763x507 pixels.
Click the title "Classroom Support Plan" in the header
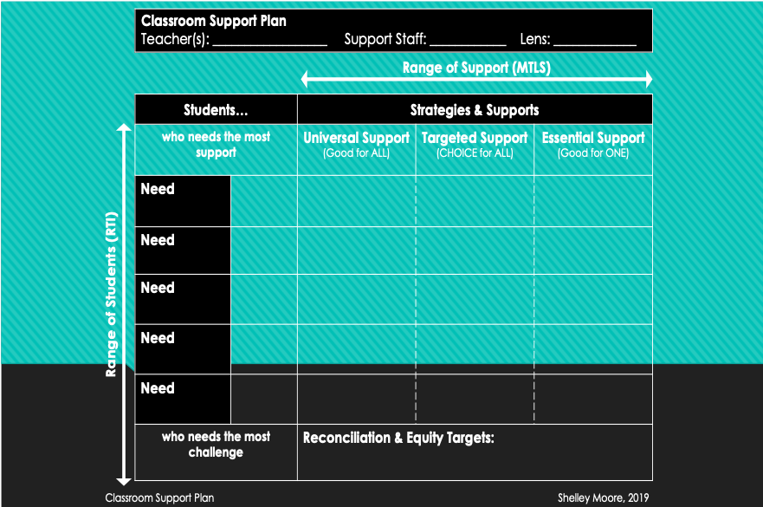click(213, 21)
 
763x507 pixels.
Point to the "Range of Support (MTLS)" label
click(476, 67)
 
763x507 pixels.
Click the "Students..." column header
click(216, 110)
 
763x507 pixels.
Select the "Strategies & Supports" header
click(475, 110)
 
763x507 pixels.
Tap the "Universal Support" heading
click(356, 138)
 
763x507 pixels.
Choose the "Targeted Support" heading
click(475, 138)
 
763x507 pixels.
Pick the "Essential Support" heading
click(593, 138)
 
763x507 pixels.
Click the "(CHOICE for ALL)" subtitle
click(475, 154)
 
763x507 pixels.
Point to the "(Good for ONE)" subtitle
click(593, 154)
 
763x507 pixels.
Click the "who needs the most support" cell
click(216, 145)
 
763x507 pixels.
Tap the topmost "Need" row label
click(158, 189)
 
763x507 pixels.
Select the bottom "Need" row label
click(158, 388)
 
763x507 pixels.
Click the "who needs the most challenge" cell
click(216, 445)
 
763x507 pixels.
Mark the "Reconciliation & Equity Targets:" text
click(398, 439)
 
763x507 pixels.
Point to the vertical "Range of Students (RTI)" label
click(112, 296)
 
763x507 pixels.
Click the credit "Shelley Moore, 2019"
click(604, 498)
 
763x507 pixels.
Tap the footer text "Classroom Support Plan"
click(159, 498)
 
